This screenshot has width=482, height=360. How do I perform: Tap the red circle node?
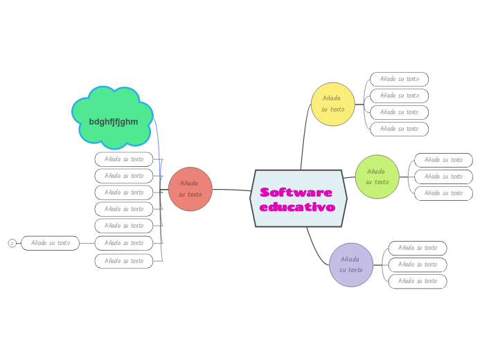(x=190, y=189)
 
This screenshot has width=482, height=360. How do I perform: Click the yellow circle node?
(x=332, y=104)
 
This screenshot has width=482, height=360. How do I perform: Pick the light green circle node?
(x=377, y=177)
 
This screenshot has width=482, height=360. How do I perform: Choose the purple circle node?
(x=351, y=264)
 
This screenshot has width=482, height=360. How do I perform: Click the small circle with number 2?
(x=12, y=243)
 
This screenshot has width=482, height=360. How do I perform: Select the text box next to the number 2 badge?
(x=51, y=243)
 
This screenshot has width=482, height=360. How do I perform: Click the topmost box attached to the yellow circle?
(x=399, y=79)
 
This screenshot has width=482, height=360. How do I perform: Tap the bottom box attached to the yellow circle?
(x=399, y=129)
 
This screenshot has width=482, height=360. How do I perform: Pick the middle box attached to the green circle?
(x=443, y=177)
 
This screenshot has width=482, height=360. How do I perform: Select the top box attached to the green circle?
(x=443, y=160)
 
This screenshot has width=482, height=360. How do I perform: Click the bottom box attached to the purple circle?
(x=417, y=281)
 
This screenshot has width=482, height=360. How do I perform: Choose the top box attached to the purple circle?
(x=417, y=248)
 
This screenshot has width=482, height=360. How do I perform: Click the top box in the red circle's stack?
(x=124, y=159)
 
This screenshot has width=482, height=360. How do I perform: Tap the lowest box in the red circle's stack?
(x=124, y=261)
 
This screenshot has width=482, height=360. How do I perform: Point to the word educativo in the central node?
(x=297, y=207)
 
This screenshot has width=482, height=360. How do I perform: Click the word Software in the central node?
(x=296, y=192)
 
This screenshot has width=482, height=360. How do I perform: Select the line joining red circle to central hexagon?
(x=232, y=190)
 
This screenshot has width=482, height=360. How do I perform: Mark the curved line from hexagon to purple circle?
(x=315, y=251)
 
